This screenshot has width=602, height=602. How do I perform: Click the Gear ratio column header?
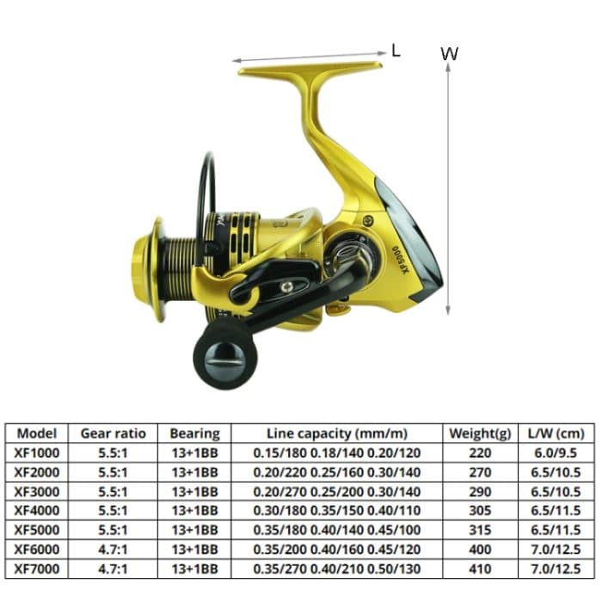click(114, 433)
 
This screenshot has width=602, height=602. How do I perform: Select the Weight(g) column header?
click(481, 433)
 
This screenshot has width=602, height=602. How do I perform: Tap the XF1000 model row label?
click(37, 452)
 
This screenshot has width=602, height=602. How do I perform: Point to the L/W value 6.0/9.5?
click(556, 452)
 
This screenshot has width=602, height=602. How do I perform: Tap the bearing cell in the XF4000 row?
click(194, 510)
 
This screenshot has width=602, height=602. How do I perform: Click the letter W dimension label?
click(449, 53)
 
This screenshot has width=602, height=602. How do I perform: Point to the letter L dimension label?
click(396, 50)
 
